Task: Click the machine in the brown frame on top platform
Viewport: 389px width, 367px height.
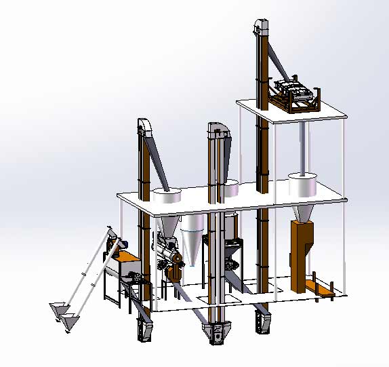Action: tap(295, 94)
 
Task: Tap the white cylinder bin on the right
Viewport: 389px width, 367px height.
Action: tap(303, 185)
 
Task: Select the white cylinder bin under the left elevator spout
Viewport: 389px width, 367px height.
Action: tap(167, 197)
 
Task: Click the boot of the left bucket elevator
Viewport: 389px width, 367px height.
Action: tap(144, 330)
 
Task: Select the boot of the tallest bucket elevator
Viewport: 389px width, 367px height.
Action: tap(261, 320)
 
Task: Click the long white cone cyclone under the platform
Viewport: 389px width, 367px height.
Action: tap(192, 241)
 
